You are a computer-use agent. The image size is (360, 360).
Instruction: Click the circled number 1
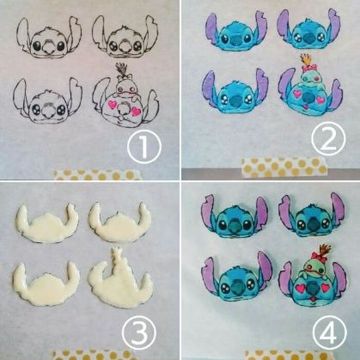pos(144,147)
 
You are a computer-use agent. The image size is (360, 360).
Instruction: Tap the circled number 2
pos(329,138)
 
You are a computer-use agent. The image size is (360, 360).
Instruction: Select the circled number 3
pos(139,333)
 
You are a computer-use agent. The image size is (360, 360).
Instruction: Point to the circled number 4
pos(330,332)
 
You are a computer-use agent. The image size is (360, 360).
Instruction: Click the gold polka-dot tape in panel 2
pos(284,168)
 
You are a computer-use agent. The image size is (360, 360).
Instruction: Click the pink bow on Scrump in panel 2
pos(309,68)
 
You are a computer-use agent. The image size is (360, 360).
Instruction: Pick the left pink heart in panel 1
pos(113,104)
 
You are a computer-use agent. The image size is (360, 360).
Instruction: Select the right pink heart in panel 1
pos(136,111)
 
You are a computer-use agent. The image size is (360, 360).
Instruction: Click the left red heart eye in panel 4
pos(300,287)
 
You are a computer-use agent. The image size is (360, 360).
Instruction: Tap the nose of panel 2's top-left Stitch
pos(235,40)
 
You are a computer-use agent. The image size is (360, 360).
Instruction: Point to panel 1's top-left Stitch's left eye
pos(37,46)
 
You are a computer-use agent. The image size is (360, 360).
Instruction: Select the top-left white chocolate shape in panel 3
pos(47,223)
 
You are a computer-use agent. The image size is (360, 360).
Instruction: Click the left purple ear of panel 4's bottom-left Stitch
pos(209,275)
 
